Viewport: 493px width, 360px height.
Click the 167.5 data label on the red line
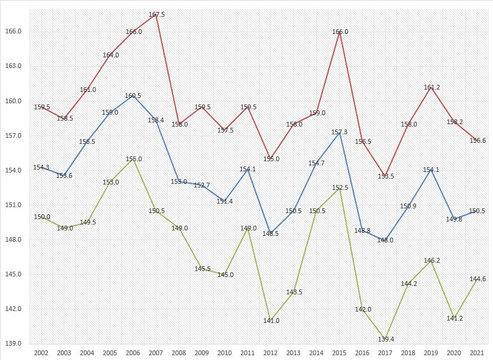(x=156, y=14)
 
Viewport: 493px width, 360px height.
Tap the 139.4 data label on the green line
(x=386, y=339)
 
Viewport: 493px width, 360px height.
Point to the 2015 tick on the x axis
(x=340, y=353)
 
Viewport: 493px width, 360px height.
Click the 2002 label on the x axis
(x=42, y=353)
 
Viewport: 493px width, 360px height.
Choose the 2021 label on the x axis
(x=477, y=353)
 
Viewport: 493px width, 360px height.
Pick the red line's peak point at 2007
(x=156, y=14)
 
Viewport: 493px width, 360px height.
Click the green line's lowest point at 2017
(x=386, y=339)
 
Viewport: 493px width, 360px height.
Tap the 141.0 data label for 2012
(x=271, y=321)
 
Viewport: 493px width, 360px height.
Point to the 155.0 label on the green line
(x=134, y=159)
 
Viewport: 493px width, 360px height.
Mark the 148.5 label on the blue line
(x=271, y=233)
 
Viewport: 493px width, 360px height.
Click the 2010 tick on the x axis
(x=225, y=353)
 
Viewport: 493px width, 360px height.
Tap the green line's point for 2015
(x=340, y=187)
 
